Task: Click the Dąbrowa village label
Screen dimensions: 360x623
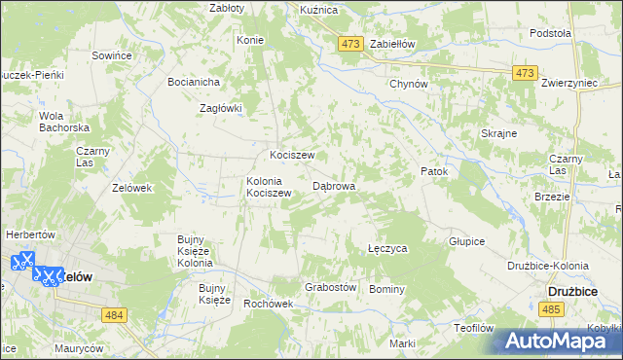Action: click(334, 185)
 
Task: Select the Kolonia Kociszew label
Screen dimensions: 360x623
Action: click(270, 187)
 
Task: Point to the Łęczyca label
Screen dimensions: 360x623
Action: click(387, 249)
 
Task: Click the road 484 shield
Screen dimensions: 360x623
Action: click(114, 313)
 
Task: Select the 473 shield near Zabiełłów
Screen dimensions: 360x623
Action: click(350, 44)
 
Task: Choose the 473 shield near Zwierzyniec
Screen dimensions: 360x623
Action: click(526, 73)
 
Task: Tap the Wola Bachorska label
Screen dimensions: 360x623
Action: click(64, 122)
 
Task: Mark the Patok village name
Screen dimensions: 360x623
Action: click(434, 172)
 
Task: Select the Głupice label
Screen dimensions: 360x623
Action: click(466, 240)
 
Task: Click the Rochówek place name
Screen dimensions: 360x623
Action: click(269, 304)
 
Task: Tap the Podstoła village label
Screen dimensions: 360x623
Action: click(550, 33)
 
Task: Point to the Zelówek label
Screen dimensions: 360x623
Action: click(132, 188)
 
